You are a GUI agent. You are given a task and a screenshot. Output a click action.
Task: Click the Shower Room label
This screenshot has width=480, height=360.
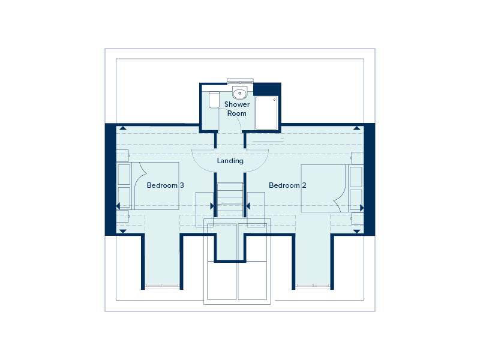[237, 109]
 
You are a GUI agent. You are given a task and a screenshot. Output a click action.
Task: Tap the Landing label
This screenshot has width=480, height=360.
[230, 161]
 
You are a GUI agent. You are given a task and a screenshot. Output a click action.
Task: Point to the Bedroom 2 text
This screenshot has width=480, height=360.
[287, 185]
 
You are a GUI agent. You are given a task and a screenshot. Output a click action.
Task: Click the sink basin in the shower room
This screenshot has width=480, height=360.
[240, 93]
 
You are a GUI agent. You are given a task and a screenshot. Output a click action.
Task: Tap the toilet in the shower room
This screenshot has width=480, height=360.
[214, 100]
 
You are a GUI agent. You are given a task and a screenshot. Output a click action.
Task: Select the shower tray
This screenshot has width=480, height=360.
[267, 113]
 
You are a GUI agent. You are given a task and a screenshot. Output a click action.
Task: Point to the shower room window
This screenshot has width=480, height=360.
[241, 82]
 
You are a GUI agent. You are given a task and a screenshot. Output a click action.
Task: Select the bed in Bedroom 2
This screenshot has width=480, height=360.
[325, 188]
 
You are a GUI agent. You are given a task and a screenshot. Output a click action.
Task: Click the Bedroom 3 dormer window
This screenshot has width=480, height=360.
[162, 286]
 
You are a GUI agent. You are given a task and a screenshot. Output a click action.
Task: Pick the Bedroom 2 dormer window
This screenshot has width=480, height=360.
[313, 286]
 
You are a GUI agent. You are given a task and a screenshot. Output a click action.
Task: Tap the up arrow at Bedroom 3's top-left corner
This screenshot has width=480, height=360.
[122, 128]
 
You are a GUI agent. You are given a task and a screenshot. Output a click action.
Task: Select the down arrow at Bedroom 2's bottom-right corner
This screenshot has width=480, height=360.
[356, 231]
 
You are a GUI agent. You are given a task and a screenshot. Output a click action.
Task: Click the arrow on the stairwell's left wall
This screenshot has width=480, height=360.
[212, 206]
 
